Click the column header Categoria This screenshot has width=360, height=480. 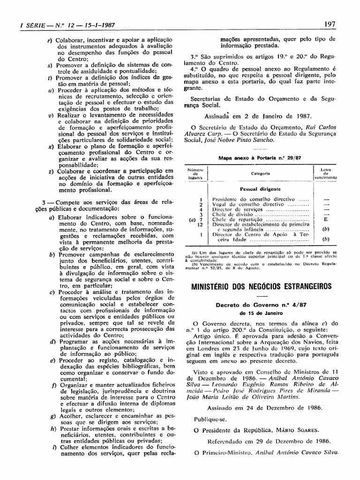pos(260,173)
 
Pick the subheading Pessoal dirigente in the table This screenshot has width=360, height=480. pos(260,189)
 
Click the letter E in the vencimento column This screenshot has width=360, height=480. pos(325,219)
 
